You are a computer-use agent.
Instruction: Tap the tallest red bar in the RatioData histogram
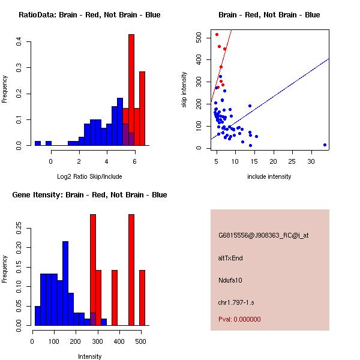(x=131, y=90)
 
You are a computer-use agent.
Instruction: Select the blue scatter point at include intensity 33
(x=325, y=145)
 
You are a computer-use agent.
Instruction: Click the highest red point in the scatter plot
(x=217, y=34)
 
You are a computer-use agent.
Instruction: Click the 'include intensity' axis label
(x=269, y=176)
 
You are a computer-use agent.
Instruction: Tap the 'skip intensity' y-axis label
(x=184, y=90)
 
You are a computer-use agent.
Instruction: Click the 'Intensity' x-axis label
(x=89, y=356)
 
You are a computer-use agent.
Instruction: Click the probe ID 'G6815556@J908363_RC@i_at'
(x=263, y=236)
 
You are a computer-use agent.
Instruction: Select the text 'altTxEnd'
(x=230, y=258)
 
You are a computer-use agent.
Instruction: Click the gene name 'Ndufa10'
(x=230, y=280)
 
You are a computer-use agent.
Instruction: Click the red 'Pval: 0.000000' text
(x=239, y=319)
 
